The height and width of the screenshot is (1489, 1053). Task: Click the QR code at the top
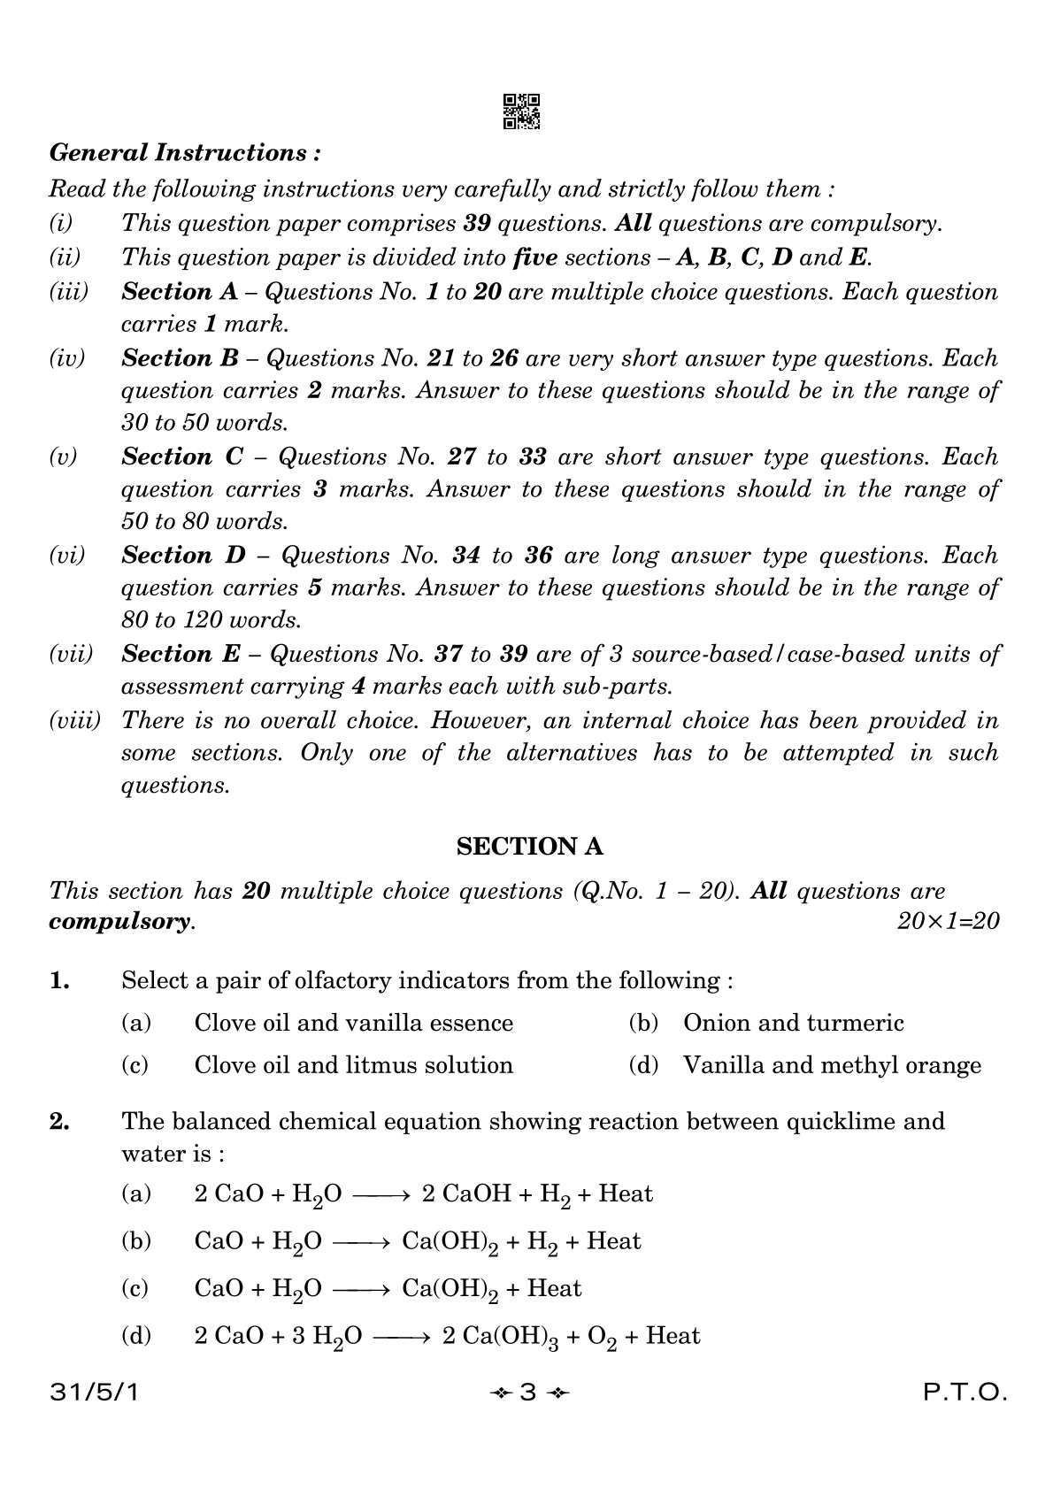pos(521,111)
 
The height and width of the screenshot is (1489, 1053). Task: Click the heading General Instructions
pos(185,153)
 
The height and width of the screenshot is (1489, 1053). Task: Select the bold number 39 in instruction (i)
pos(477,223)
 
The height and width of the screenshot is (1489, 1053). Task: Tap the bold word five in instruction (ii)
pos(534,257)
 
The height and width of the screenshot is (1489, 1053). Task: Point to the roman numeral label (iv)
pos(66,358)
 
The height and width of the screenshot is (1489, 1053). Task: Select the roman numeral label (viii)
pos(74,720)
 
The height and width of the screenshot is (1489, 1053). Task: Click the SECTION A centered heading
pos(529,847)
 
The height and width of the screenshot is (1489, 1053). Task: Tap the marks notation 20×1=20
pos(948,921)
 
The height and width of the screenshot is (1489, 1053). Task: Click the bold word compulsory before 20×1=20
pos(120,921)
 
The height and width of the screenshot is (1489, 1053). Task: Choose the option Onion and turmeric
pos(793,1023)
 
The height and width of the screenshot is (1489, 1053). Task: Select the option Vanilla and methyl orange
pos(832,1065)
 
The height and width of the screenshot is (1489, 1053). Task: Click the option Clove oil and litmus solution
pos(353,1065)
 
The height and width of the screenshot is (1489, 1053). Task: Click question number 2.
pos(59,1122)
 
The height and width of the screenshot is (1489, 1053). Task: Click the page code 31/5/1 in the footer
pos(95,1393)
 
